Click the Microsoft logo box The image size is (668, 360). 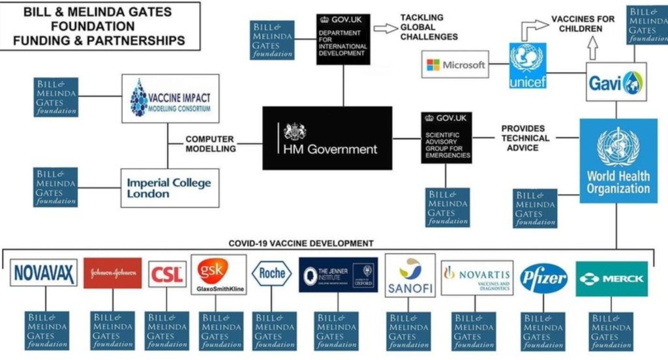click(455, 65)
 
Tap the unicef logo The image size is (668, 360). click(528, 66)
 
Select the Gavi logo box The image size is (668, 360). click(616, 82)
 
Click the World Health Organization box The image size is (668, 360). click(618, 160)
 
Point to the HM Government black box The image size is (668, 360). click(327, 138)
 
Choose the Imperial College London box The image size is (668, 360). click(170, 188)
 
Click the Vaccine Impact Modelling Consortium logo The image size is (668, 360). click(170, 98)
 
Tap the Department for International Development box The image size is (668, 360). click(344, 40)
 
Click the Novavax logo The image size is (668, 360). click(44, 273)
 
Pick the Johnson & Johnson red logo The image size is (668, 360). click(112, 273)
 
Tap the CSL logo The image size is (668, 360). click(167, 275)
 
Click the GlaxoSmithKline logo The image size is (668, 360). click(219, 275)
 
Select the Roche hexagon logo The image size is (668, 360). click(272, 274)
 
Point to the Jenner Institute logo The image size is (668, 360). click(338, 273)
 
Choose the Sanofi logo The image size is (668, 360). click(410, 275)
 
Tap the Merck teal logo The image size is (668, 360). click(611, 278)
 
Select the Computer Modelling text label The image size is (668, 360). click(210, 143)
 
